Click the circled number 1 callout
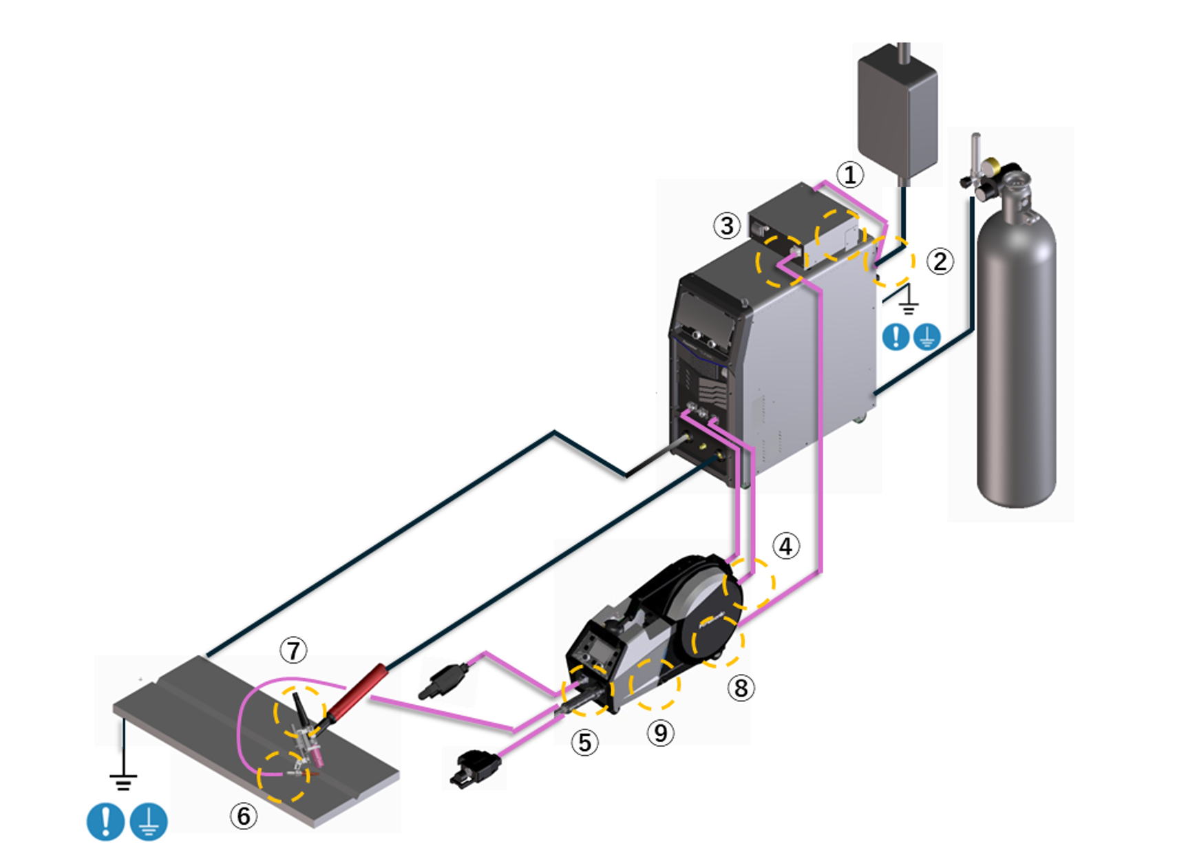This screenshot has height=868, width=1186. click(850, 175)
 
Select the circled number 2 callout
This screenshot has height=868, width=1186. click(940, 262)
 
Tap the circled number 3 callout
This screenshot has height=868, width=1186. click(727, 226)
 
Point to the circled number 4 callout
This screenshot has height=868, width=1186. click(786, 546)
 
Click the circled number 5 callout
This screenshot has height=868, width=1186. click(584, 743)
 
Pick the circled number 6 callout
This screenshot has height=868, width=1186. click(244, 816)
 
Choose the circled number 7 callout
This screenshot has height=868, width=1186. click(294, 650)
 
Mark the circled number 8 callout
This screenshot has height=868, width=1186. click(741, 688)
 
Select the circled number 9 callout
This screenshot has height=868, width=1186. click(660, 733)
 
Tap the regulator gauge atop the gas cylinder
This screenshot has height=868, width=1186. click(992, 167)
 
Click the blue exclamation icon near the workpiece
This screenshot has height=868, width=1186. click(105, 821)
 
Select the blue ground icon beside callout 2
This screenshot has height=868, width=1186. click(926, 337)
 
